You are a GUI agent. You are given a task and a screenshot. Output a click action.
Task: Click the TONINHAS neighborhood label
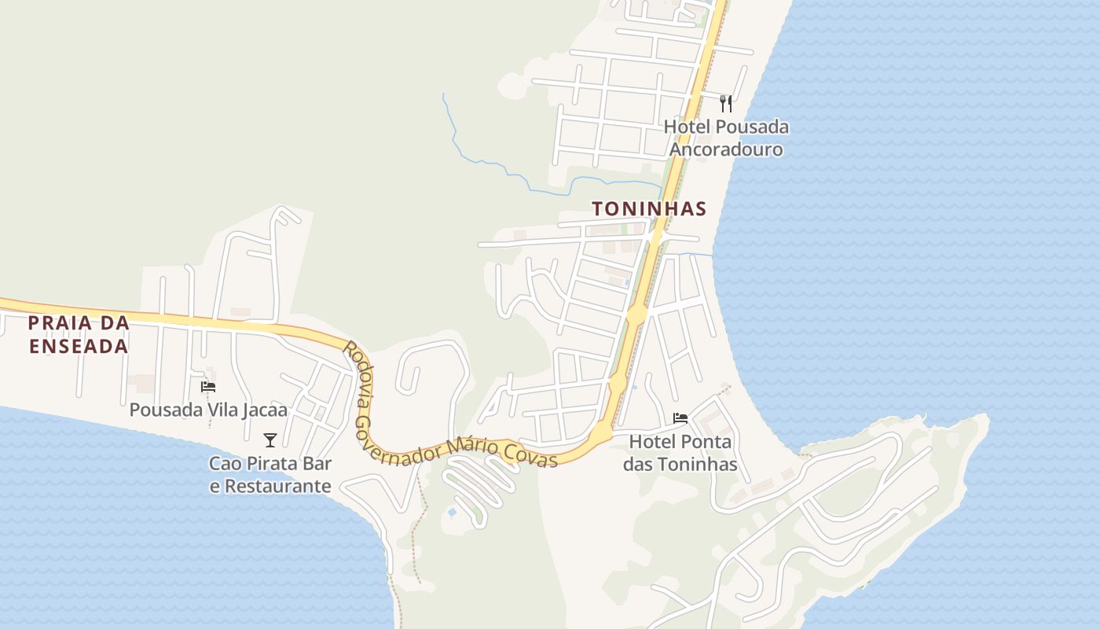pyautogui.click(x=649, y=209)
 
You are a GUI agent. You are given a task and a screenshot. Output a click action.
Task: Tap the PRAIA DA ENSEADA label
pyautogui.click(x=79, y=334)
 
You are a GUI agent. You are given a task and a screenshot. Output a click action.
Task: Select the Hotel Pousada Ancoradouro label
pyautogui.click(x=726, y=138)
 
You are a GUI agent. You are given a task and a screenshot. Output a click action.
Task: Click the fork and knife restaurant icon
pyautogui.click(x=726, y=103)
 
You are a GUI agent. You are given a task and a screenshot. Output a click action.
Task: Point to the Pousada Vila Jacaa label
pyautogui.click(x=208, y=410)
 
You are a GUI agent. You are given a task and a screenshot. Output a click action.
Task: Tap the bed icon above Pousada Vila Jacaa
pyautogui.click(x=208, y=386)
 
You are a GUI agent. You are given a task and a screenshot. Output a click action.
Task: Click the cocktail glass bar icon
pyautogui.click(x=270, y=440)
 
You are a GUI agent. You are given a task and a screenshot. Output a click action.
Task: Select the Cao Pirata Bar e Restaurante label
pyautogui.click(x=270, y=475)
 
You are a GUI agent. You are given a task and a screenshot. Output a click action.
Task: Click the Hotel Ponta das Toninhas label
pyautogui.click(x=680, y=453)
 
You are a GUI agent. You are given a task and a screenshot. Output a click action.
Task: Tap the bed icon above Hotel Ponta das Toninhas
pyautogui.click(x=680, y=418)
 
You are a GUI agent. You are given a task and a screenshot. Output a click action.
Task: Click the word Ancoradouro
pyautogui.click(x=726, y=149)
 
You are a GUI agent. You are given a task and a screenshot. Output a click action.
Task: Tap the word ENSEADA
pyautogui.click(x=79, y=346)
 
